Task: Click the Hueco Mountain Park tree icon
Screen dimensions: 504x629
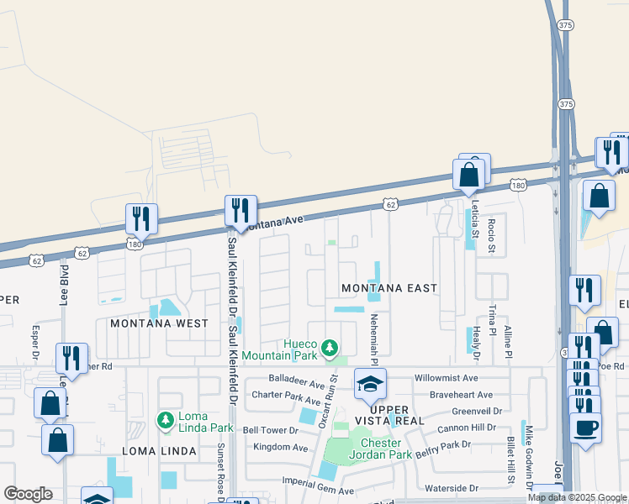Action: [330, 347]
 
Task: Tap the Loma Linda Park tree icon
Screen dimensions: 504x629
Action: [166, 418]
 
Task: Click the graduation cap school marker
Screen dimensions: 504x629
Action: [370, 385]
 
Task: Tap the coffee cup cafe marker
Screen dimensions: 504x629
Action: [585, 427]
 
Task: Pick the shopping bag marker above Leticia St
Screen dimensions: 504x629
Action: [469, 175]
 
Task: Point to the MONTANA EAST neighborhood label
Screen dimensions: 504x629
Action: [389, 288]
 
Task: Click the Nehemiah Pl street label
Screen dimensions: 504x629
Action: [373, 334]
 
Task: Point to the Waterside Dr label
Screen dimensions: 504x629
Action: [450, 487]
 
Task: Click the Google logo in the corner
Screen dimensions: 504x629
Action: [28, 494]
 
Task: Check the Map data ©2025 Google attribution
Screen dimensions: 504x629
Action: [577, 497]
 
